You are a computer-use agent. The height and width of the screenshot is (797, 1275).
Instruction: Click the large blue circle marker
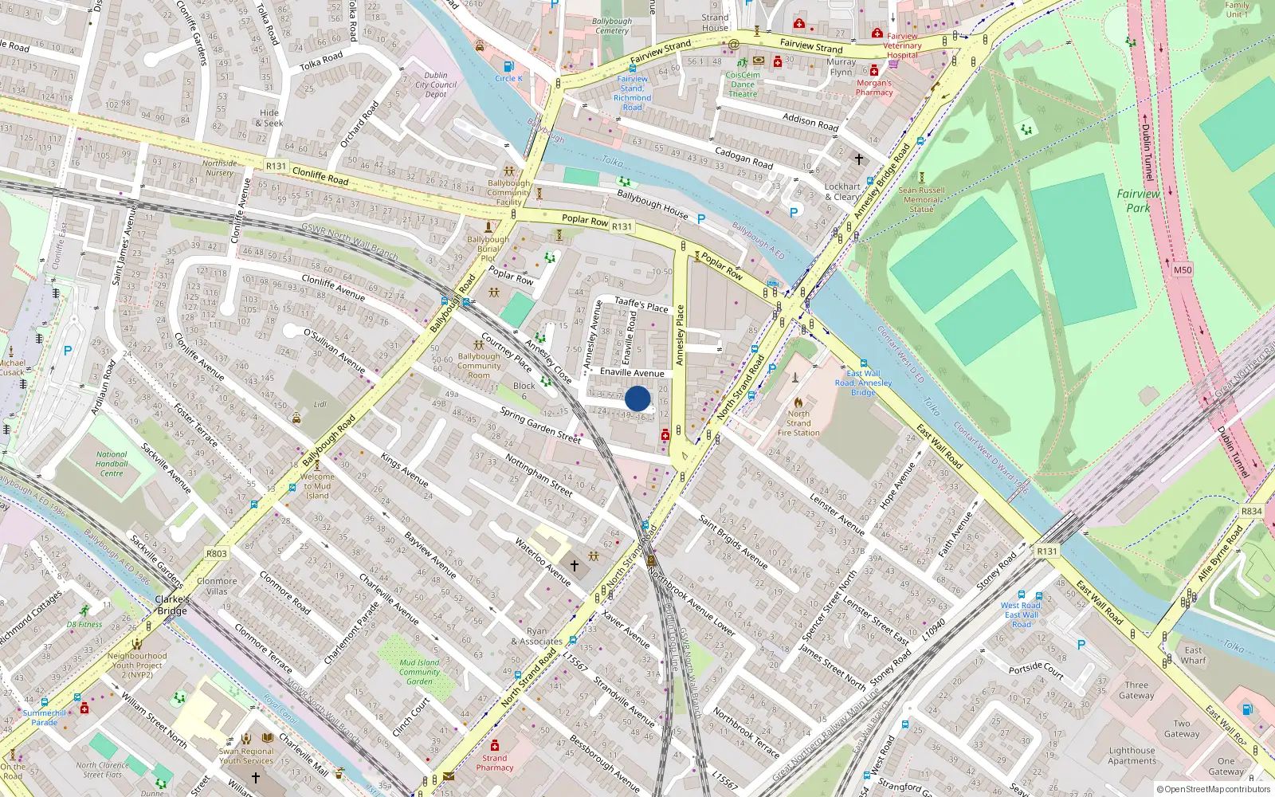click(x=637, y=398)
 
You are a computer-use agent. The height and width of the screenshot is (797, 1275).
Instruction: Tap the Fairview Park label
click(x=1138, y=200)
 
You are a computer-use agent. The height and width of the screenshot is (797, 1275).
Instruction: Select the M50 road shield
click(x=1183, y=269)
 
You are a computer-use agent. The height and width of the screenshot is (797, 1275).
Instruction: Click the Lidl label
click(x=320, y=404)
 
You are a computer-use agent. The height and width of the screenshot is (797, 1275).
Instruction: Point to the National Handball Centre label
click(x=112, y=464)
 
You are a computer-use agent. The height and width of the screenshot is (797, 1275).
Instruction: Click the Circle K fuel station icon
click(x=508, y=66)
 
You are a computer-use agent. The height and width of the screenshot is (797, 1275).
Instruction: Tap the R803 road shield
click(x=217, y=553)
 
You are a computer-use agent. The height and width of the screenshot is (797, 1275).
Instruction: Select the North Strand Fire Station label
click(x=798, y=423)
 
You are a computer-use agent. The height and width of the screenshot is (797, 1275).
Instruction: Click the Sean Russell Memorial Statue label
click(x=921, y=199)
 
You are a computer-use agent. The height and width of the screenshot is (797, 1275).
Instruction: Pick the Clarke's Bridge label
click(x=172, y=605)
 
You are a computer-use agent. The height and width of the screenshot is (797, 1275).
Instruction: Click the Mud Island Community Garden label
click(x=419, y=672)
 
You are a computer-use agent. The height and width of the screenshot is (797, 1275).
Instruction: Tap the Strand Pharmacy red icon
click(x=494, y=745)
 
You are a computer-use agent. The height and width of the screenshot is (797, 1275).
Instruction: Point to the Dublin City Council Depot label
click(x=436, y=84)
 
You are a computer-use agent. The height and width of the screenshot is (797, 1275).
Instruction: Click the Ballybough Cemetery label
click(x=612, y=26)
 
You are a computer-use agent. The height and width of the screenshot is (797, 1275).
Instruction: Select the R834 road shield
click(x=1251, y=512)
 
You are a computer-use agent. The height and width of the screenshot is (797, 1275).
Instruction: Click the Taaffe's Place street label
click(x=641, y=304)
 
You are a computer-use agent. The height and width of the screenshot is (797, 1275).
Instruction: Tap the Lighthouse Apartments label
click(x=1132, y=756)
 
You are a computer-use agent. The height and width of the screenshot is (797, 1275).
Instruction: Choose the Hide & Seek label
click(x=269, y=118)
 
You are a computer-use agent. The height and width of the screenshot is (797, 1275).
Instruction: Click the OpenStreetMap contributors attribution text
click(x=1214, y=790)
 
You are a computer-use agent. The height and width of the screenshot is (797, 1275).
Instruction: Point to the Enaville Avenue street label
click(x=632, y=372)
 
